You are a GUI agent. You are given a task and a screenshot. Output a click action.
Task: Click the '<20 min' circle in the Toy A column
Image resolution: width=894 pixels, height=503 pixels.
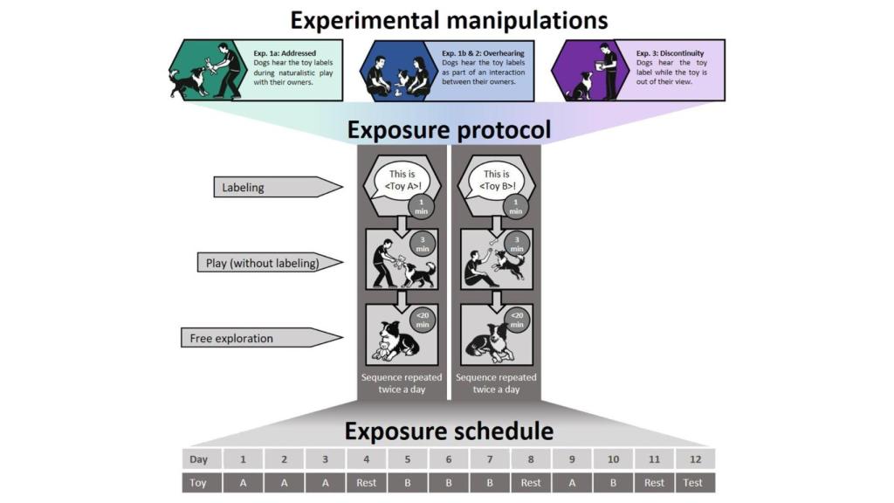tap(423, 316)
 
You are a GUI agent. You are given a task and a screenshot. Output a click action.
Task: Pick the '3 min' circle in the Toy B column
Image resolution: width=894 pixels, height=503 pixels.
tap(516, 242)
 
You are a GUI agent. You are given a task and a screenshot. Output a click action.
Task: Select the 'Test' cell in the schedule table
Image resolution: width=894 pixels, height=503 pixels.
tap(695, 482)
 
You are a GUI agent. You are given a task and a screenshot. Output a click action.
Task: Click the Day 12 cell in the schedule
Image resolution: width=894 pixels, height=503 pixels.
tap(695, 458)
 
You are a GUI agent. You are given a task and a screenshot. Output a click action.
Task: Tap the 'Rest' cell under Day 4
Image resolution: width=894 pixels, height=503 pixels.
tap(367, 482)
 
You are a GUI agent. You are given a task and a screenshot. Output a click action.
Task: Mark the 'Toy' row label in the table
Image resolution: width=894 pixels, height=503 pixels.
tap(200, 482)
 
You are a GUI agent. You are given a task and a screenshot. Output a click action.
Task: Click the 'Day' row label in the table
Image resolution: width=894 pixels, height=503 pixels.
tap(200, 458)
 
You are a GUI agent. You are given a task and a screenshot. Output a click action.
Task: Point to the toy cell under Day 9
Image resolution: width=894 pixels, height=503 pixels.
tap(572, 482)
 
